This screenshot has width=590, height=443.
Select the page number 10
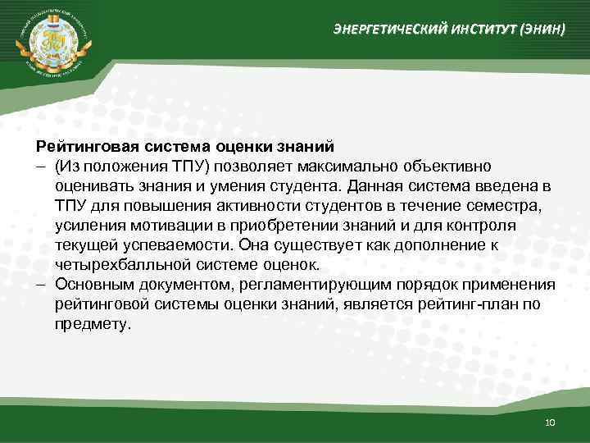click(549, 422)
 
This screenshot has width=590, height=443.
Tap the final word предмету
click(93, 323)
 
